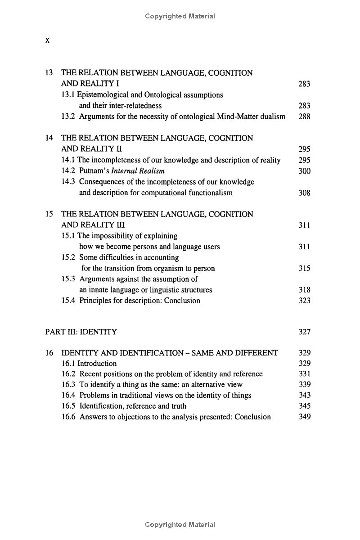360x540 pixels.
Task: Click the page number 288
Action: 304,117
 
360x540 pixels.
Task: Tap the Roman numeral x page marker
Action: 47,40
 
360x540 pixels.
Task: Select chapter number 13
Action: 49,72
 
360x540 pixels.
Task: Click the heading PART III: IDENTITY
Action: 81,332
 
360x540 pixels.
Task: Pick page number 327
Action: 304,332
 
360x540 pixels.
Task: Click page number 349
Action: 304,417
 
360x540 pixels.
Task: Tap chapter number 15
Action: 49,214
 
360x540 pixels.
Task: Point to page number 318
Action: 304,290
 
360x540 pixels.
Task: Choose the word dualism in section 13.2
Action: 272,117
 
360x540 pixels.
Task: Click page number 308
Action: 304,193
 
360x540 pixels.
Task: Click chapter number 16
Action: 49,353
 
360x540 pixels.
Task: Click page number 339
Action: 304,384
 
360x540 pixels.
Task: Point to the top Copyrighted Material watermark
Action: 180,16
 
